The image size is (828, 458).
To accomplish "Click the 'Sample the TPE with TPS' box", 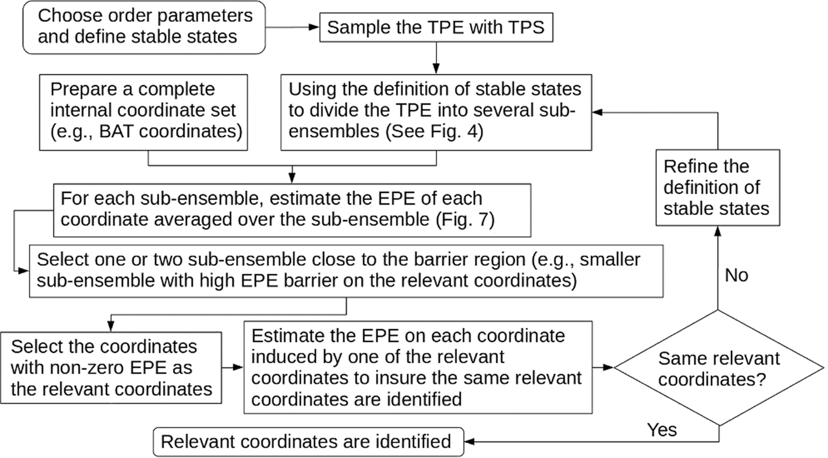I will tap(435, 28).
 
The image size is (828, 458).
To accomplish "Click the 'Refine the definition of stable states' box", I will tap(716, 188).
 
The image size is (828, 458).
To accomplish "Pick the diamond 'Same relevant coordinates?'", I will tap(719, 367).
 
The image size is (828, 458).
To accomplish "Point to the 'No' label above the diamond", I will tap(736, 276).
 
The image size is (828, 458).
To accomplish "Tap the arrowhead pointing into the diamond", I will tap(610, 367).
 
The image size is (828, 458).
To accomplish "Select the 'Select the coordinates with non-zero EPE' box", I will tap(111, 367).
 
